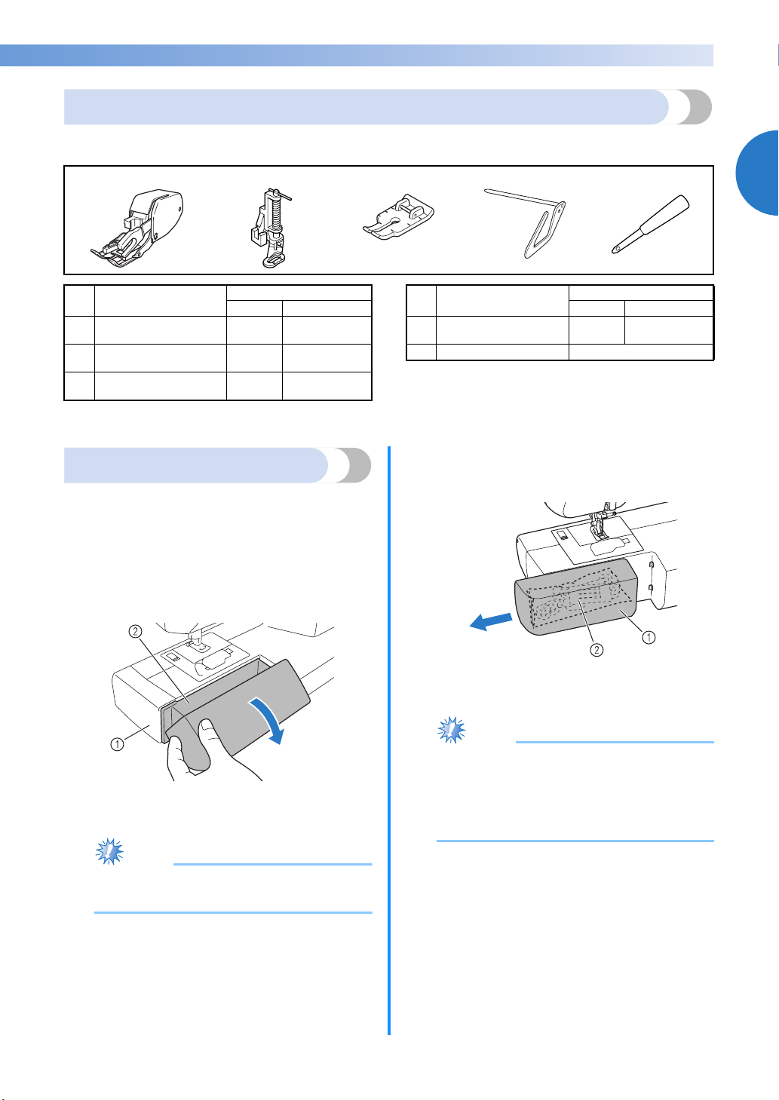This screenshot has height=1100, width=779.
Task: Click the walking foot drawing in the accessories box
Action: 137,228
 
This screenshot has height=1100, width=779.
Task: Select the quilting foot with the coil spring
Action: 270,227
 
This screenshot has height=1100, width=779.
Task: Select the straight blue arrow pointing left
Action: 491,620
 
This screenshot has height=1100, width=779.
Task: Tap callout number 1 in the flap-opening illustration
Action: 117,744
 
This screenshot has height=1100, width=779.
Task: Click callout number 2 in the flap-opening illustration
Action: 135,631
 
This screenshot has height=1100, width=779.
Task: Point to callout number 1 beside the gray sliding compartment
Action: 649,637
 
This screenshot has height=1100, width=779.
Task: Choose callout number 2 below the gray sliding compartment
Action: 597,650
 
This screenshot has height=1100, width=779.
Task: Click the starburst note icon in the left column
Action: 109,851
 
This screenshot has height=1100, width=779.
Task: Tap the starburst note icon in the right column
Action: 452,730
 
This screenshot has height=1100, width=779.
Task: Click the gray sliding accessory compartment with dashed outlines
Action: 575,596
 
